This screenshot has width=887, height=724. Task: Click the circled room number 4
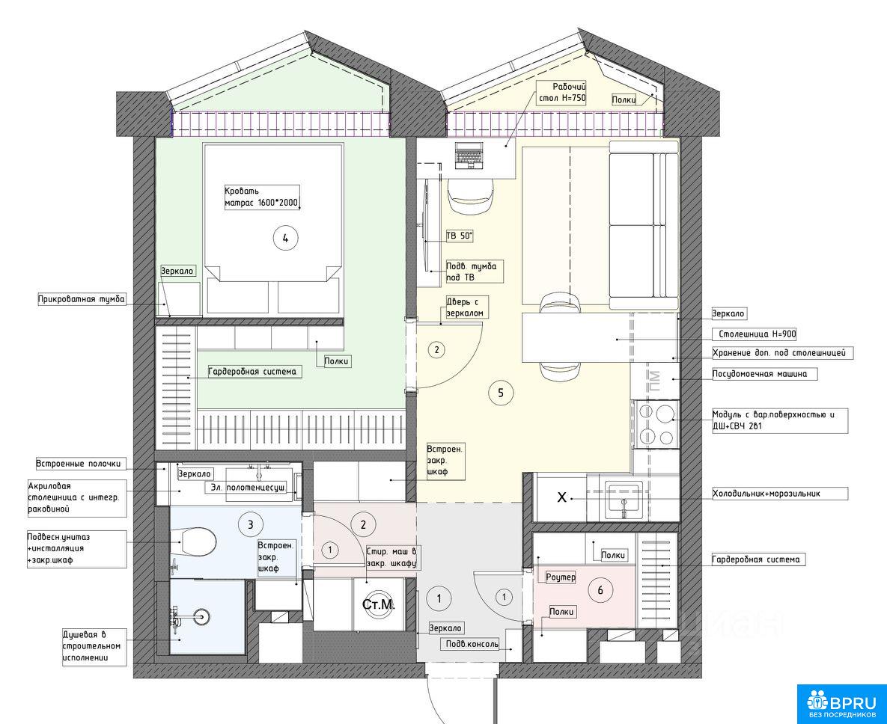point(286,238)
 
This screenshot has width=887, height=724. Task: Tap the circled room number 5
point(501,392)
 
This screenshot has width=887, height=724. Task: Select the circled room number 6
point(600,591)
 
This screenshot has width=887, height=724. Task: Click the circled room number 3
point(251,524)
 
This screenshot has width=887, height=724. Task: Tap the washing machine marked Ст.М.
point(379,604)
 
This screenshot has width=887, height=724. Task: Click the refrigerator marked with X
point(561,497)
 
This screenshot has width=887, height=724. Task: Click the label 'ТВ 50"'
point(460,236)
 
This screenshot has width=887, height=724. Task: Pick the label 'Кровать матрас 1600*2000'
point(261,197)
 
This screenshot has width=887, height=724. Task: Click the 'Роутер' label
point(561,577)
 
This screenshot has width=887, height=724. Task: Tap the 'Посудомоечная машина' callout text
point(759,373)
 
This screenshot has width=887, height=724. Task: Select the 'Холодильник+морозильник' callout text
point(766,494)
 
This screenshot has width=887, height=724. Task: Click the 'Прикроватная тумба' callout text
point(82,299)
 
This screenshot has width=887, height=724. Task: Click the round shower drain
point(201,616)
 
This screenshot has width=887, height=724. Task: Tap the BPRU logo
point(842,703)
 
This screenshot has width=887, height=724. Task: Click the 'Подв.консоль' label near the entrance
point(472,644)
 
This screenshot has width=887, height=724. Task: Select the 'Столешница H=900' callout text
point(757,334)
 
